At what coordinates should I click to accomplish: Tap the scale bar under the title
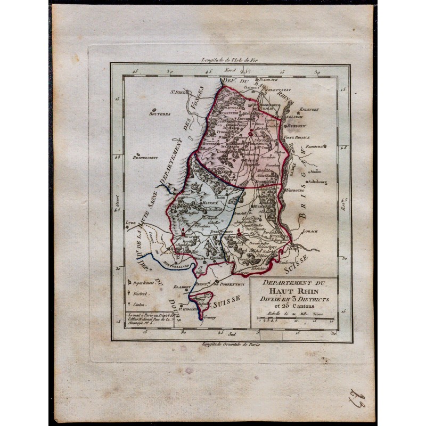(294, 319)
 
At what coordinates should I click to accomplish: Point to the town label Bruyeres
(145, 113)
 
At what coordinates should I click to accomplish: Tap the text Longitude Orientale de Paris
(230, 345)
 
